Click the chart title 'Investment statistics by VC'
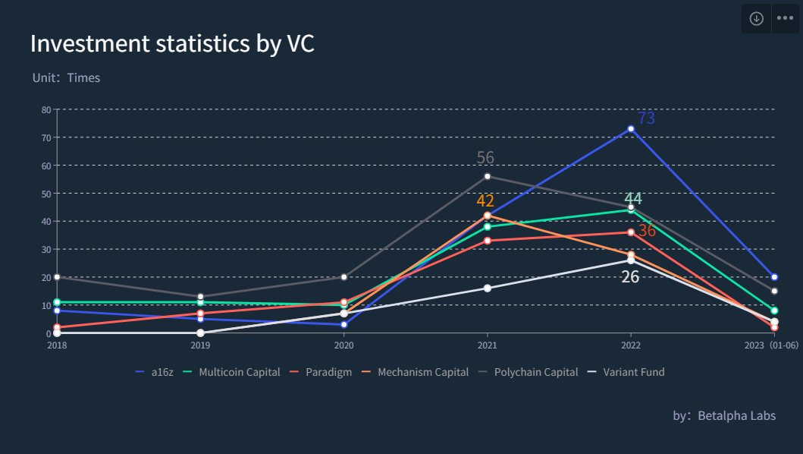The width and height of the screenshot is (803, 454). pyautogui.click(x=172, y=44)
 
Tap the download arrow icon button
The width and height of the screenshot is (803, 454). pyautogui.click(x=756, y=19)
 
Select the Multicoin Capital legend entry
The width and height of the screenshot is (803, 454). pyautogui.click(x=232, y=372)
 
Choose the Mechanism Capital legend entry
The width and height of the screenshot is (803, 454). pyautogui.click(x=415, y=372)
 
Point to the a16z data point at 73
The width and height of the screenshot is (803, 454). pyautogui.click(x=631, y=129)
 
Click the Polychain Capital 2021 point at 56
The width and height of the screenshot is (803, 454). pyautogui.click(x=487, y=176)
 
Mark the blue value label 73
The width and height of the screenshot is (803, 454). pyautogui.click(x=647, y=118)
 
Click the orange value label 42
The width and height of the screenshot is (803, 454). pyautogui.click(x=485, y=201)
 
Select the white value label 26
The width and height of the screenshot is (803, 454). pyautogui.click(x=630, y=277)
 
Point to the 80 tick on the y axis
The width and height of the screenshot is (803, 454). pyautogui.click(x=46, y=109)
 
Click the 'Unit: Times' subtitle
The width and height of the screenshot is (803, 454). pyautogui.click(x=66, y=77)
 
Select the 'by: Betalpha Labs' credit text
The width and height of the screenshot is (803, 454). pyautogui.click(x=724, y=415)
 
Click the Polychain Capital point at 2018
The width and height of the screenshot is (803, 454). pyautogui.click(x=57, y=277)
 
